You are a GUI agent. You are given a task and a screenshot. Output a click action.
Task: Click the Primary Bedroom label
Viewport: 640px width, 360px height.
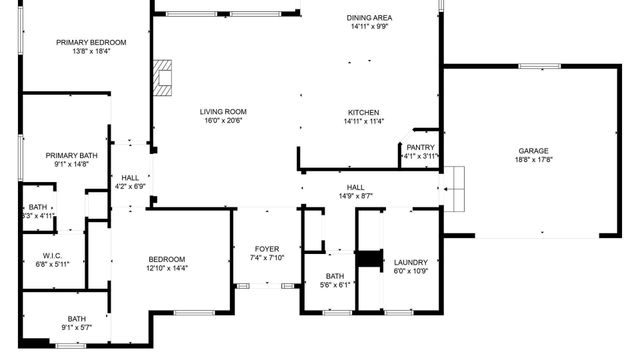[x=91, y=42]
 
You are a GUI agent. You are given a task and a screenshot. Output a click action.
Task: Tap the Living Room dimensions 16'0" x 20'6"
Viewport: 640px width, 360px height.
[x=223, y=120]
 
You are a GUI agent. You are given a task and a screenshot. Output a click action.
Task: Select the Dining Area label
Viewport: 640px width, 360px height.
[x=368, y=18]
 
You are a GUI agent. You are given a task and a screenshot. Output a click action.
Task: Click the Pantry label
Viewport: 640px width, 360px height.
[x=420, y=146]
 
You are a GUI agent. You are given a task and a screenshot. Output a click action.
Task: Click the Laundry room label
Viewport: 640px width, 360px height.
[x=411, y=261]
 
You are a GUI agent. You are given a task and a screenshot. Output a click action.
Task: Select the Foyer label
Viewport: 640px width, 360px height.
[x=267, y=248]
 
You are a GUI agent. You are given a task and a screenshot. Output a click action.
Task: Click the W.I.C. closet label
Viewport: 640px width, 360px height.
[x=53, y=255]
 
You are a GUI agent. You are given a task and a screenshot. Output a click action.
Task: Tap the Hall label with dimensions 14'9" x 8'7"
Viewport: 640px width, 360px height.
[x=355, y=187]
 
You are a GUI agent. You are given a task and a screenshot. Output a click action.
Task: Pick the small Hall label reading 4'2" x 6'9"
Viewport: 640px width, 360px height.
[x=130, y=177]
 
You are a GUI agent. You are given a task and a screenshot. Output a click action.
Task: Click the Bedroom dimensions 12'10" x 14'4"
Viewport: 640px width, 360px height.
[x=167, y=267]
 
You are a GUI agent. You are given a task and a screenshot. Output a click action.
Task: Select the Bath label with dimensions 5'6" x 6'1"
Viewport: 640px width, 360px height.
[x=334, y=276]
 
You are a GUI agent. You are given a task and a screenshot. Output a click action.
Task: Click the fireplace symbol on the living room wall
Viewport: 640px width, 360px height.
[x=163, y=74]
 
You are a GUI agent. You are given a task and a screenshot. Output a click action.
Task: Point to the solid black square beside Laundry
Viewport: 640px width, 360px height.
[x=371, y=259]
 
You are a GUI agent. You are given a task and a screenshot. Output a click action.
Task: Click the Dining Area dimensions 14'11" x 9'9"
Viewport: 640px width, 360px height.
[x=368, y=27]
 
